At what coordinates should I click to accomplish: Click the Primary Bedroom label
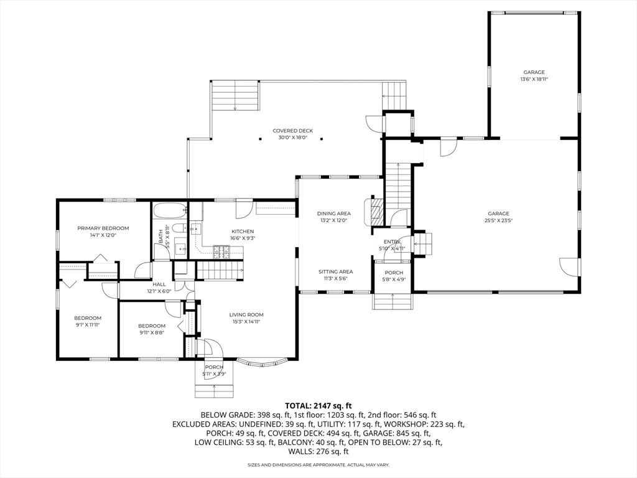[103, 228]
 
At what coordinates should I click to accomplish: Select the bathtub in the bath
[169, 210]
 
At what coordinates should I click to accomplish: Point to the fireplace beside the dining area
[375, 212]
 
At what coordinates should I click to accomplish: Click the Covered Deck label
[292, 131]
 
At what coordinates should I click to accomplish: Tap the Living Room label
[246, 315]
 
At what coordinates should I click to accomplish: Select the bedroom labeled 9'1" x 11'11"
[87, 321]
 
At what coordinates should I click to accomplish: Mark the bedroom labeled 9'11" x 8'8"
[152, 329]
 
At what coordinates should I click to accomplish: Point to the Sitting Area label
[336, 272]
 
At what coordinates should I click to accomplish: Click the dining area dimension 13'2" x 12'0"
[334, 220]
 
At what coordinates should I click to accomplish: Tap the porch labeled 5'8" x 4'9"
[393, 276]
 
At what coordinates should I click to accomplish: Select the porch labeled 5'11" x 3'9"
[214, 370]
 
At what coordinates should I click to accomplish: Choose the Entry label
[392, 242]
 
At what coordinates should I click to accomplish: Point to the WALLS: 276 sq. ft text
[318, 451]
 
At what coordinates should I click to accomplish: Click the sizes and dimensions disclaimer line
[318, 465]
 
